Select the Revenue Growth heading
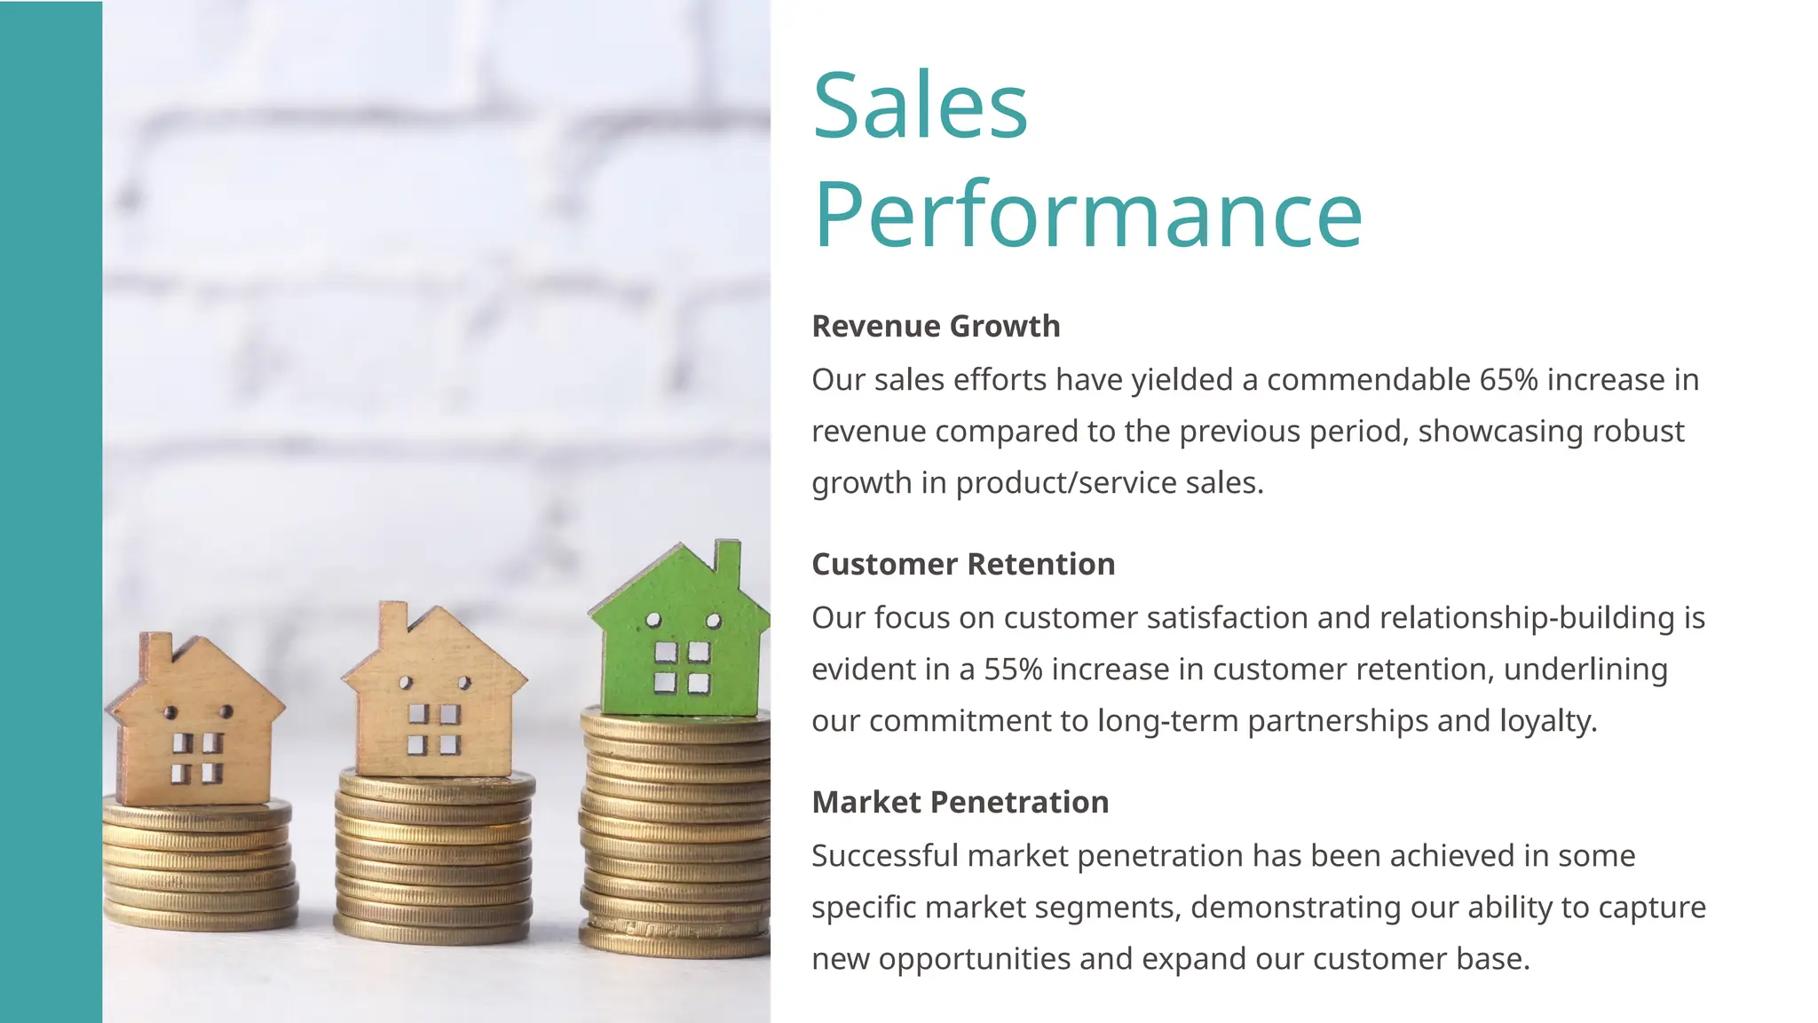coord(936,326)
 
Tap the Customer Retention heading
coord(963,564)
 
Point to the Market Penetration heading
coord(960,802)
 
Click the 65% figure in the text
coord(1508,379)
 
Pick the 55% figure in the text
coord(1013,669)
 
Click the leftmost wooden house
coord(196,724)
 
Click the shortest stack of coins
coord(200,866)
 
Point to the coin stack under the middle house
coord(434,857)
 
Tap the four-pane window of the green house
coord(682,667)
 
